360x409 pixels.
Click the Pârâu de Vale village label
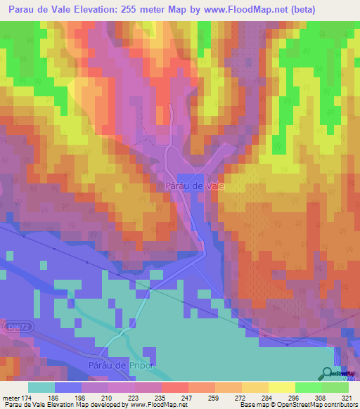[x=194, y=186]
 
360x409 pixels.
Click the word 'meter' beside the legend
[x=11, y=397]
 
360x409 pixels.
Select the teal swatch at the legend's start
[x=41, y=387]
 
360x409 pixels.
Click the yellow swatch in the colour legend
[x=282, y=387]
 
